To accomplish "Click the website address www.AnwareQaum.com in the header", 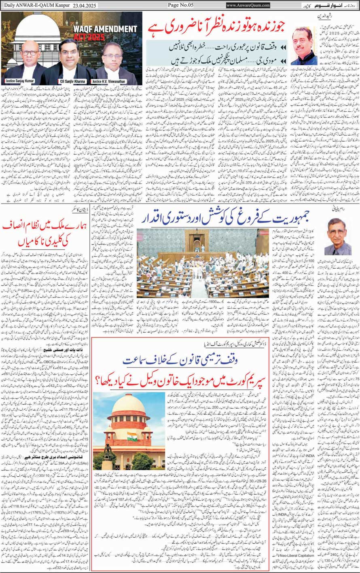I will click(248, 5).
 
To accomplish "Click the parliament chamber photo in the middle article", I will click(203, 263).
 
